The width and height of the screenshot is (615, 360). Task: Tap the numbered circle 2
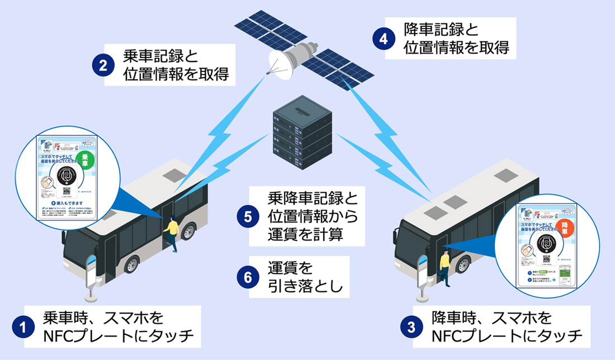point(103,65)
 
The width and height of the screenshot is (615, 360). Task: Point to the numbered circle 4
point(383,39)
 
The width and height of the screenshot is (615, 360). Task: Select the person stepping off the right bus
point(444,267)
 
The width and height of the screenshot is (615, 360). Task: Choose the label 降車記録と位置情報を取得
point(456,39)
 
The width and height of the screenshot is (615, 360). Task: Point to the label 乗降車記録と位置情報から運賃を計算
point(311,216)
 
